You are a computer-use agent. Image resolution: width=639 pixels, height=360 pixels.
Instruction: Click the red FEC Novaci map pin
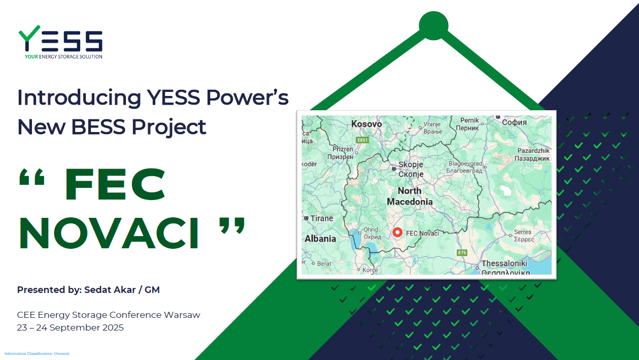pos(397,233)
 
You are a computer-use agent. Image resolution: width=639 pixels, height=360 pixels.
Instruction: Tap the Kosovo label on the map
pos(366,124)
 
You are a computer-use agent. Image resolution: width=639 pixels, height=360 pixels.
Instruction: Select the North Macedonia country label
pos(410,196)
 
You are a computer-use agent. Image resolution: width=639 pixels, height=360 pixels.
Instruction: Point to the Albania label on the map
pos(320,239)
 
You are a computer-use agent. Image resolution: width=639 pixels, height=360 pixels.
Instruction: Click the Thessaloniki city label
pos(505,263)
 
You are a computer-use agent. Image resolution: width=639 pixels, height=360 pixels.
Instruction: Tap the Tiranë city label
pos(321,218)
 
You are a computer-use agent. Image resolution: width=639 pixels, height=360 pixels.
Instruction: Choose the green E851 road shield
pos(362,140)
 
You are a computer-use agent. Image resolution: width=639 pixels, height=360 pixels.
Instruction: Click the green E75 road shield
pos(462,252)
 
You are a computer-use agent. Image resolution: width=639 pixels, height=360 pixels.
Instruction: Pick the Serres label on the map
pos(523,232)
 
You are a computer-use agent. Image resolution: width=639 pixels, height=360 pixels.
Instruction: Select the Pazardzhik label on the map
pos(533,151)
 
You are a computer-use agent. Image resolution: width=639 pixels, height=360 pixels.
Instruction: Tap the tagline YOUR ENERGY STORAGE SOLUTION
pos(63,56)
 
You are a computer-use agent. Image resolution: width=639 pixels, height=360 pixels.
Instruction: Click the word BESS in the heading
pos(98,127)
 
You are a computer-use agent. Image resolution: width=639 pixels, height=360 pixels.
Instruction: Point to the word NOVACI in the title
pos(109,233)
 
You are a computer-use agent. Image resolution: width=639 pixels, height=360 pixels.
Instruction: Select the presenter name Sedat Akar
pos(110,290)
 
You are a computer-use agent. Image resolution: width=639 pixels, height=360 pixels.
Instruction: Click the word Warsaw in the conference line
pos(182,315)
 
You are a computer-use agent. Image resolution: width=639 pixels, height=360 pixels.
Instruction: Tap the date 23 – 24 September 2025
pos(70,328)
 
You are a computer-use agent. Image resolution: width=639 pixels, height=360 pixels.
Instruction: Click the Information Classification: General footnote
pos(37,353)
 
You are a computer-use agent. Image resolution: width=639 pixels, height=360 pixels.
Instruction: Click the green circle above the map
pos(433,26)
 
